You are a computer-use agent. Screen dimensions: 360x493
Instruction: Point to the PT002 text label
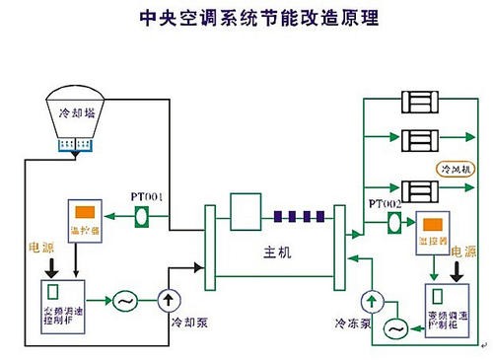[x=386, y=203]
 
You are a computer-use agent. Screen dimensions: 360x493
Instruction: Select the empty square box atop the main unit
[x=243, y=209]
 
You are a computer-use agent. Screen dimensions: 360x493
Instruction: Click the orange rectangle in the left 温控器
[x=83, y=213]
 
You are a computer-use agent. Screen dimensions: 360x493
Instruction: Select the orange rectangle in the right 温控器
[x=432, y=222]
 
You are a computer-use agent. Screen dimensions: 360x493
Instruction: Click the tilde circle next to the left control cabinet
[x=126, y=298]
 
